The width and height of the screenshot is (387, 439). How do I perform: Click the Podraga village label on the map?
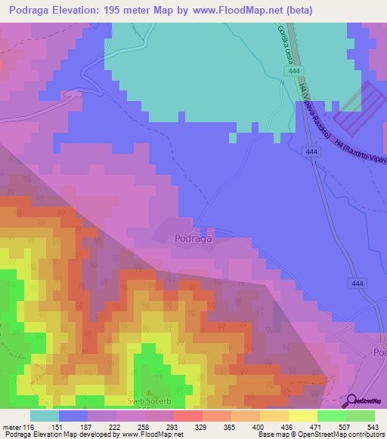click(x=193, y=238)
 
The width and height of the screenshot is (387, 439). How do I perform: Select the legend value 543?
click(x=372, y=428)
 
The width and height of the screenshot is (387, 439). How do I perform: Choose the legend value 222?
click(x=116, y=428)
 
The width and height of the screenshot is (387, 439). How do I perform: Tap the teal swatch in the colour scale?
click(x=44, y=416)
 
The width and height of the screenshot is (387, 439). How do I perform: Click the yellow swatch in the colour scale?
click(x=303, y=416)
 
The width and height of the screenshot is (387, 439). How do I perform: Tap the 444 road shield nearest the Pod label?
click(x=359, y=283)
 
